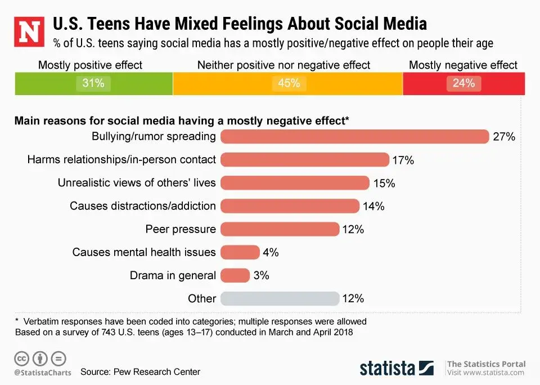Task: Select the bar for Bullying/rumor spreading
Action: (354, 137)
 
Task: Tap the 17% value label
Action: (403, 160)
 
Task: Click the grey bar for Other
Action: (280, 298)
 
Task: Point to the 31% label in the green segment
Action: (93, 84)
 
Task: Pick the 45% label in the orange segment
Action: (289, 84)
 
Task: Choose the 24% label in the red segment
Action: (463, 84)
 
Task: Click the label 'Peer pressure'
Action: (181, 229)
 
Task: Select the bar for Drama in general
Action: (235, 275)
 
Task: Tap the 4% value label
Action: (271, 253)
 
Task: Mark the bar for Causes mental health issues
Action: (240, 252)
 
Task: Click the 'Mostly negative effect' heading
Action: (463, 65)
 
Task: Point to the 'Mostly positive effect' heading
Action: (91, 65)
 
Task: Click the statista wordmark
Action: (388, 368)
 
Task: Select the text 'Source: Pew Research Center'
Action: (140, 372)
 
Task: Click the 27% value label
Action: (504, 137)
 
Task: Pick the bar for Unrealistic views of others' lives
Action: (295, 183)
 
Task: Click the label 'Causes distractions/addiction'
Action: (143, 206)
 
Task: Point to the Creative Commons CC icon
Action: (21, 358)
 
